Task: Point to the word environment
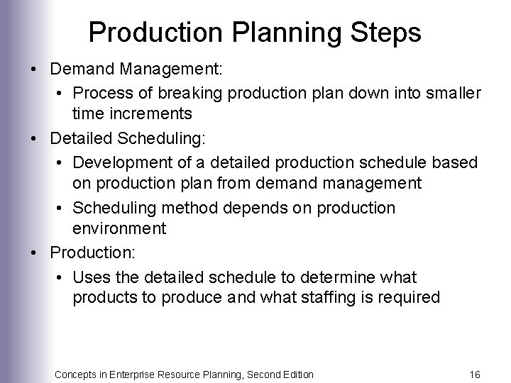pos(119,229)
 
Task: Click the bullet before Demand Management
pos(33,70)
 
